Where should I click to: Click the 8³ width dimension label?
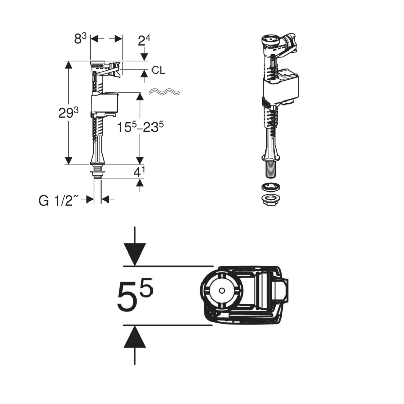tap(81, 39)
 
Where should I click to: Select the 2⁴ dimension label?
tap(145, 40)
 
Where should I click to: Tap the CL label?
tap(158, 71)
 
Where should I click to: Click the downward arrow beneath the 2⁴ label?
tap(145, 56)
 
